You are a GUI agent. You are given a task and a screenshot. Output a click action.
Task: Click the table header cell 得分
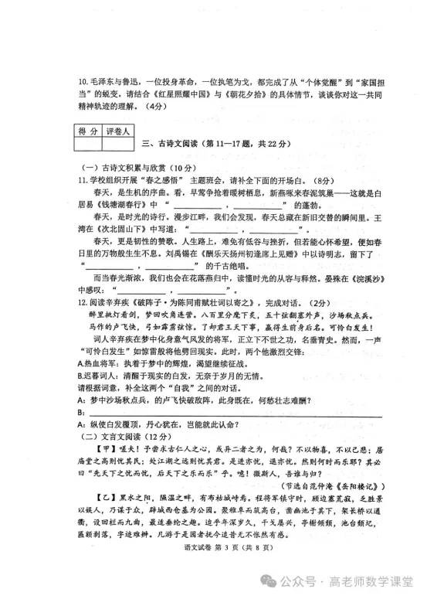86,131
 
